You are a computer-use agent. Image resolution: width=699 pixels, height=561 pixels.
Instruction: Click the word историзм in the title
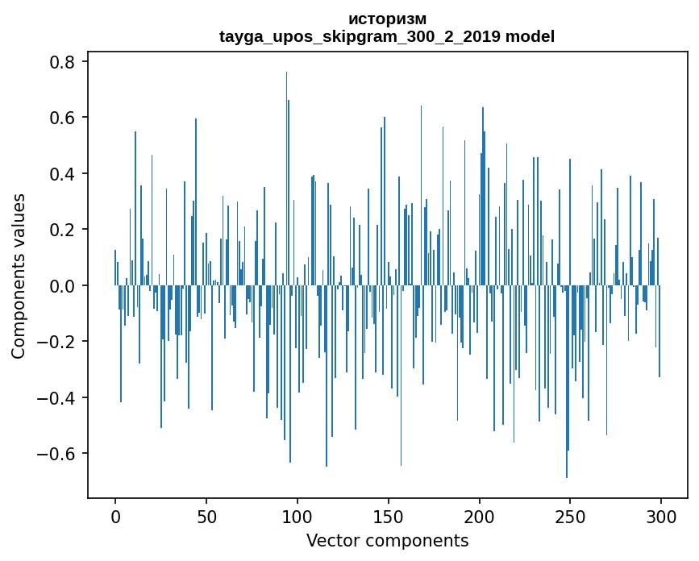(387, 19)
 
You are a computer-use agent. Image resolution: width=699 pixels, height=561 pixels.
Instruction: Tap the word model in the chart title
(530, 36)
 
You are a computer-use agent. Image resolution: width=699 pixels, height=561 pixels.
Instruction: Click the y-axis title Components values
(19, 276)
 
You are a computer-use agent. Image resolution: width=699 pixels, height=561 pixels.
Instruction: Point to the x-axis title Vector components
(387, 540)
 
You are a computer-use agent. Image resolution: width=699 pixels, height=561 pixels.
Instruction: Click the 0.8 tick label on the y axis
(62, 62)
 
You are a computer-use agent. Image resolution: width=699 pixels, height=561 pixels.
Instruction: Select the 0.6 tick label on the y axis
(62, 118)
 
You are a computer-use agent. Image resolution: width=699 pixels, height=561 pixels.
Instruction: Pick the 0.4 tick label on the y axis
(62, 174)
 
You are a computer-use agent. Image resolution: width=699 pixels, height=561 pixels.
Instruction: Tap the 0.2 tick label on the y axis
(62, 230)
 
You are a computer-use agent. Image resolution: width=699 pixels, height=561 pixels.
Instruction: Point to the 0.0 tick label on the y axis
(62, 285)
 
